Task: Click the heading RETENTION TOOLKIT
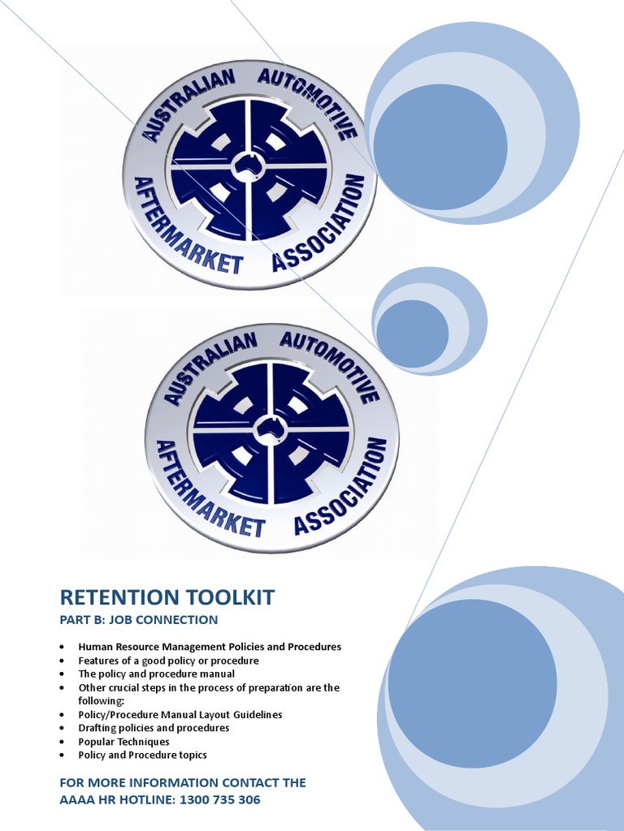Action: pyautogui.click(x=167, y=598)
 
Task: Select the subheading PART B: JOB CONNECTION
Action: pyautogui.click(x=139, y=620)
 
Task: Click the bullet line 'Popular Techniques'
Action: pyautogui.click(x=123, y=742)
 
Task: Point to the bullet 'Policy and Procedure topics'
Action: pyautogui.click(x=142, y=755)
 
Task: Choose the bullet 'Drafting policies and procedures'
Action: pyautogui.click(x=154, y=728)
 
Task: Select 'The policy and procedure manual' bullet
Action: pyautogui.click(x=156, y=674)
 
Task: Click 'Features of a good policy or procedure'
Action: pyautogui.click(x=168, y=661)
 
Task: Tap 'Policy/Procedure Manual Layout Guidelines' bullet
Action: pyautogui.click(x=180, y=714)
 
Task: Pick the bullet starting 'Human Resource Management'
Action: pyautogui.click(x=210, y=647)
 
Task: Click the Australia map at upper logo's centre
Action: pyautogui.click(x=249, y=167)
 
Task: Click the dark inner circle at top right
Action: pyautogui.click(x=440, y=147)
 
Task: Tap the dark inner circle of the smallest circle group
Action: pyautogui.click(x=412, y=333)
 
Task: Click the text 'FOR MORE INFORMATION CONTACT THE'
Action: pyautogui.click(x=183, y=782)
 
